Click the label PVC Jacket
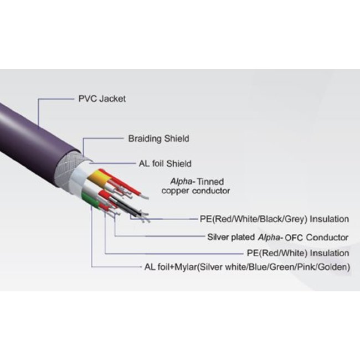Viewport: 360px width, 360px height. point(102,99)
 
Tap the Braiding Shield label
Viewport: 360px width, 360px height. point(158,139)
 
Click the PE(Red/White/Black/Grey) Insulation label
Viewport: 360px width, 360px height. point(274,219)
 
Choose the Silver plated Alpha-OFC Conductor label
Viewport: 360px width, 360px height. point(277,237)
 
